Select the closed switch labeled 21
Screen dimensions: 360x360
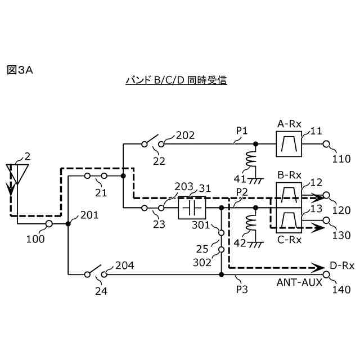(x=96, y=176)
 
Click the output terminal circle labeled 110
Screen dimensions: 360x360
(x=327, y=144)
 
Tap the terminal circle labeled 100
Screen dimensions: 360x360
(x=49, y=224)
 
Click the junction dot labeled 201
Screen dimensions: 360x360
(x=68, y=224)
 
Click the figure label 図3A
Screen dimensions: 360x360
(x=20, y=70)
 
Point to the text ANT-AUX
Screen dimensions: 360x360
(x=299, y=282)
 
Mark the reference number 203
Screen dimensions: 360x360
(x=184, y=186)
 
